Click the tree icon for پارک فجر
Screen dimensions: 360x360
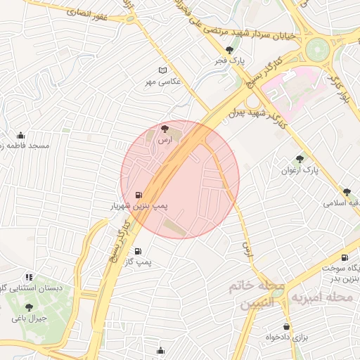pos(230,50)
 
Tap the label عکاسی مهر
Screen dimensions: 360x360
pos(163,82)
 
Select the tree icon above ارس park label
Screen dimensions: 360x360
pos(165,129)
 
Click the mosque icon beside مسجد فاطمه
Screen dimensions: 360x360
pos(20,135)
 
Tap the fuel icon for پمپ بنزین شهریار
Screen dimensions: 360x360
pos(136,195)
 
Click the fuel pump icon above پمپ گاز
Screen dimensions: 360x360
pos(136,251)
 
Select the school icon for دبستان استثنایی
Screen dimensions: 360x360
pos(29,277)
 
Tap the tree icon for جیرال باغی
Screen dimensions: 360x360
pos(29,307)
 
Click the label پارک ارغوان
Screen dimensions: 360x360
pos(300,170)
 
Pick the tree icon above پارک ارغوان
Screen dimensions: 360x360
pos(300,159)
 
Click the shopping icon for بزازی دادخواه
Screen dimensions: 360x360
pos(286,326)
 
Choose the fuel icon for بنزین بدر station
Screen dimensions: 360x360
pos(344,258)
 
